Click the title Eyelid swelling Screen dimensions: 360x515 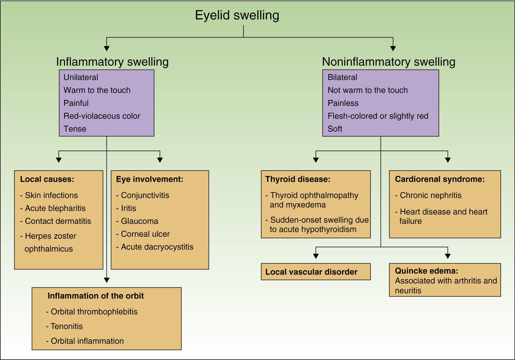tap(237, 15)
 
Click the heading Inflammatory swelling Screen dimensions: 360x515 tap(112, 62)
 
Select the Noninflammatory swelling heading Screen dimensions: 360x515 tap(388, 62)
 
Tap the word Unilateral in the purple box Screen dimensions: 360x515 tap(81, 77)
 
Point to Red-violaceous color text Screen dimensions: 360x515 tap(102, 116)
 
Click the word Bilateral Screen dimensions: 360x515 tap(342, 77)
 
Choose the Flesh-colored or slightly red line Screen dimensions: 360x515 tap(378, 116)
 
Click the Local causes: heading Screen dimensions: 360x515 tap(47, 179)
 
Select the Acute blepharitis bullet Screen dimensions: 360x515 tap(55, 208)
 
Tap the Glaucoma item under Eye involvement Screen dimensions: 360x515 tap(139, 221)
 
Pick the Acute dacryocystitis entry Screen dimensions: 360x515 tap(157, 247)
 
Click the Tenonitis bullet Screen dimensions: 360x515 tap(66, 327)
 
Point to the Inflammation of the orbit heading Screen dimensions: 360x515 tap(95, 296)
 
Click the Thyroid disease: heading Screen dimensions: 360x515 tap(298, 179)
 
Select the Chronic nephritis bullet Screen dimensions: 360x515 tap(430, 195)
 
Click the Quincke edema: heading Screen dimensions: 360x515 tap(426, 271)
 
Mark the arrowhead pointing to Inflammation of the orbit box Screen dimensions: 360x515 tap(106, 280)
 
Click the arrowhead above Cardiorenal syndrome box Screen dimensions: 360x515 tap(448, 160)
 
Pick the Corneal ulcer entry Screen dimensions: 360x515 tap(145, 234)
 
